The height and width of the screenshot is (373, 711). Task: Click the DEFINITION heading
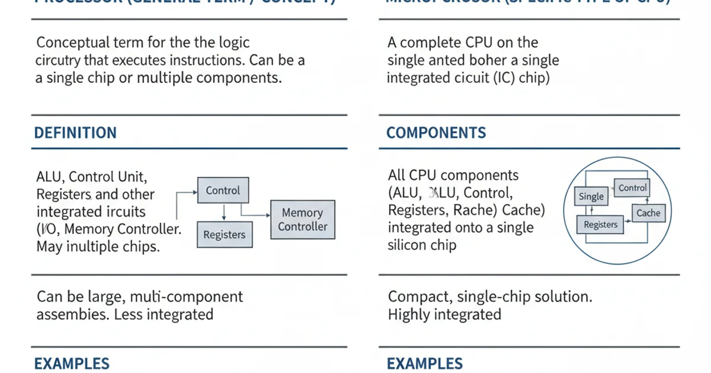pyautogui.click(x=75, y=133)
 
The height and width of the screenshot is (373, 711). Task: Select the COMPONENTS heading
pyautogui.click(x=436, y=133)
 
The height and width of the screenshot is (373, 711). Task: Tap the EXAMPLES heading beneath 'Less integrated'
pyautogui.click(x=72, y=364)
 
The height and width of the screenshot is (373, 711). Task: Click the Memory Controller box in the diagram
pyautogui.click(x=302, y=220)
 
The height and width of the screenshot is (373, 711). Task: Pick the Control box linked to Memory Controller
pyautogui.click(x=223, y=191)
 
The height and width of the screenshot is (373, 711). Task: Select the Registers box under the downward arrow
pyautogui.click(x=224, y=234)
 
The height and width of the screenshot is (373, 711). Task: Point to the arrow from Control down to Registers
pyautogui.click(x=223, y=212)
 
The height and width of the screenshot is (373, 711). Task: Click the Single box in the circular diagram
pyautogui.click(x=591, y=197)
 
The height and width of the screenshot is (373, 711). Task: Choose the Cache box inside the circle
pyautogui.click(x=648, y=213)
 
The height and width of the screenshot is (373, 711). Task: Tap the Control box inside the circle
pyautogui.click(x=632, y=188)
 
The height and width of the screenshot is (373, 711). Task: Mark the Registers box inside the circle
pyautogui.click(x=600, y=224)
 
